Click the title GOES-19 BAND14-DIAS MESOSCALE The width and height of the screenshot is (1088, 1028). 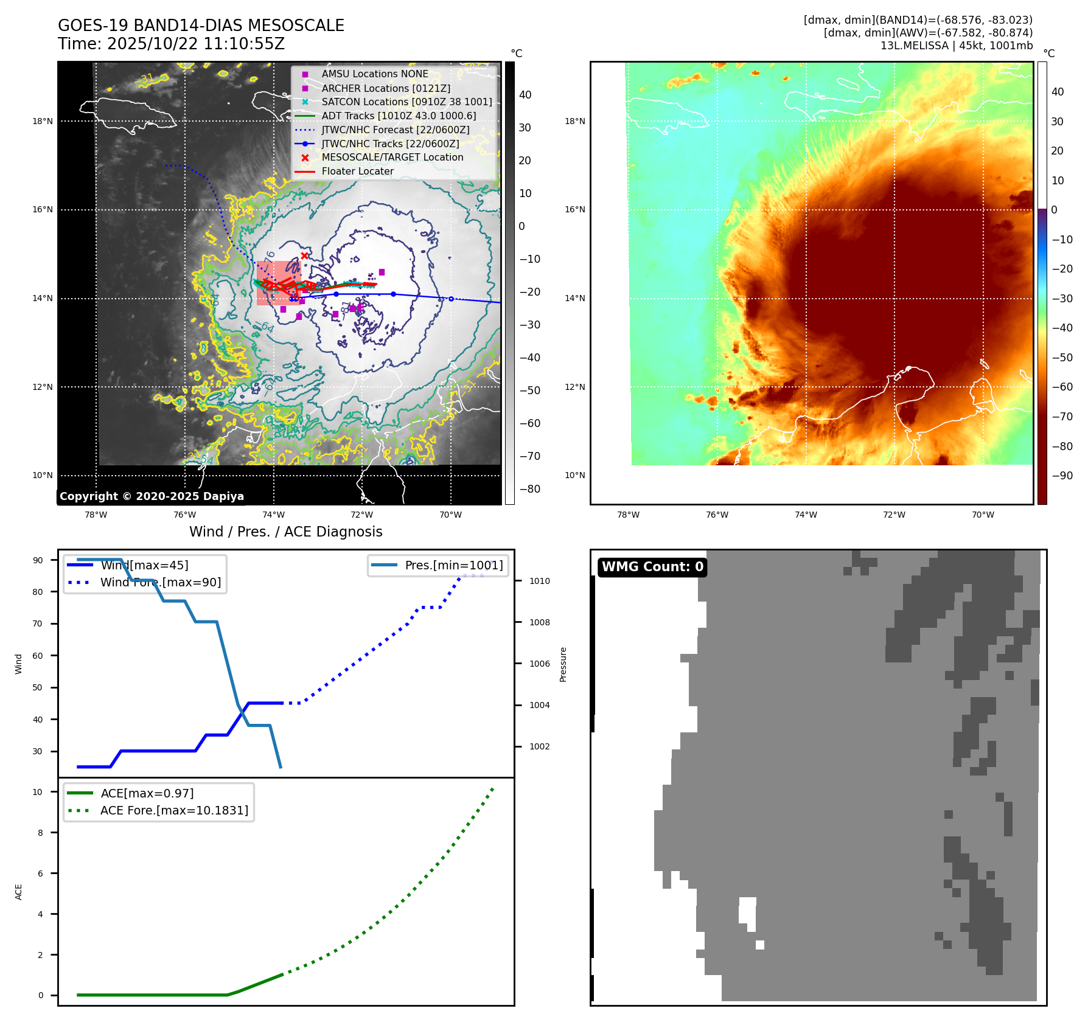coord(201,26)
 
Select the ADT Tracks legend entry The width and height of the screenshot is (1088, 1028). coord(399,116)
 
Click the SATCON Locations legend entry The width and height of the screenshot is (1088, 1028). coord(406,102)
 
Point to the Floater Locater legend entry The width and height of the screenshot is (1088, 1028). coord(357,171)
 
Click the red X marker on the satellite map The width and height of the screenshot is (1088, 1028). coord(304,256)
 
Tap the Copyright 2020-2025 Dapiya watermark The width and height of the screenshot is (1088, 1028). coord(152,496)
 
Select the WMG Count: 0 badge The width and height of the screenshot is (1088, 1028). coord(652,567)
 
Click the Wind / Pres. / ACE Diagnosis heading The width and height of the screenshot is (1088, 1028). coord(285,532)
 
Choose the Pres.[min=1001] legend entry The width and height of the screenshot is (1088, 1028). coord(453,565)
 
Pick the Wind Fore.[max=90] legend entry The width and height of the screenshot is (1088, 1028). coord(160,582)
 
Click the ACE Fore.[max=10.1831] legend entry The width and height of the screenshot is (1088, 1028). coord(174,810)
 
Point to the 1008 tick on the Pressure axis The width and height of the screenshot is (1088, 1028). coord(539,622)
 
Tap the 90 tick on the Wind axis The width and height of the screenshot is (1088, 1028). coord(38,560)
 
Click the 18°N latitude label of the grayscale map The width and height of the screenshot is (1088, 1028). coord(43,121)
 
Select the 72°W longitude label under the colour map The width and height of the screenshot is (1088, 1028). coord(894,515)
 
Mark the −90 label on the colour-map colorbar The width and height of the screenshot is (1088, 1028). coord(1062,476)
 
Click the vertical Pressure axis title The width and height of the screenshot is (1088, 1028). coord(563,664)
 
